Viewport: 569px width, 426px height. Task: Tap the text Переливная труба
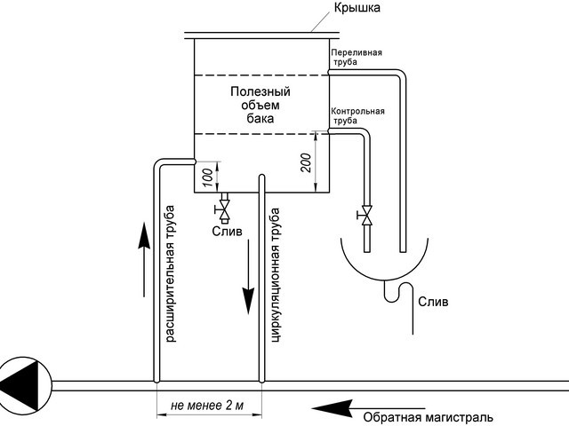(357, 58)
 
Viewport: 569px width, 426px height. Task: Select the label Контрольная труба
(357, 116)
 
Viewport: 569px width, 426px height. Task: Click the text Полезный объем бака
(260, 104)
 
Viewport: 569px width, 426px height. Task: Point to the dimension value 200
(306, 162)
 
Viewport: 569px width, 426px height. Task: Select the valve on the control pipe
(365, 215)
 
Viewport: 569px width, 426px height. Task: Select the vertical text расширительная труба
(171, 274)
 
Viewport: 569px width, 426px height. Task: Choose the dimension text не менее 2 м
(208, 406)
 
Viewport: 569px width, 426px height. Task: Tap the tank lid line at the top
(260, 34)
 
